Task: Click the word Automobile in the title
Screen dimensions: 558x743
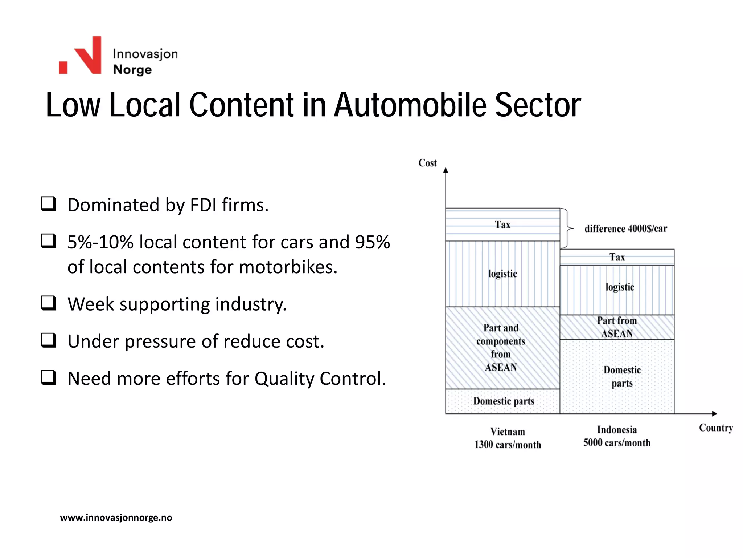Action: (x=410, y=105)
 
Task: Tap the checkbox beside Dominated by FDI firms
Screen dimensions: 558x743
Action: (x=48, y=204)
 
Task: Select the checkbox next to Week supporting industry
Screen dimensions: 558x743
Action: (x=48, y=303)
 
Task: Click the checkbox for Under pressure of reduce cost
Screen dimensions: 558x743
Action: (x=48, y=340)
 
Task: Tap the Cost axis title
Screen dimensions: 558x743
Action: (x=427, y=163)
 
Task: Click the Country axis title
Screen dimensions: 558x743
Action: (x=716, y=428)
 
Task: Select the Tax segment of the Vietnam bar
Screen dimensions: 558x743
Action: (x=502, y=225)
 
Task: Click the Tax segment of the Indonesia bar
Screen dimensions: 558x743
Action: (x=617, y=257)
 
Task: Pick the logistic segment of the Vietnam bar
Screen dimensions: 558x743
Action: (x=502, y=274)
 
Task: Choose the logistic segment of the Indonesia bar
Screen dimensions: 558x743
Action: (x=619, y=287)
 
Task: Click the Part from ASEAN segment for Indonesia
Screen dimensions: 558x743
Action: (x=617, y=327)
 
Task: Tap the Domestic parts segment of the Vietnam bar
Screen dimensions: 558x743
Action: (x=504, y=401)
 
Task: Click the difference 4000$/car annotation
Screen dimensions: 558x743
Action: (x=625, y=229)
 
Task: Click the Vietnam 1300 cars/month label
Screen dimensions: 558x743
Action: (x=508, y=438)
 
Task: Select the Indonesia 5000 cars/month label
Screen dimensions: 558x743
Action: (x=617, y=436)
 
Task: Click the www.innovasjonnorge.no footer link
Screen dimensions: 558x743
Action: (x=116, y=518)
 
